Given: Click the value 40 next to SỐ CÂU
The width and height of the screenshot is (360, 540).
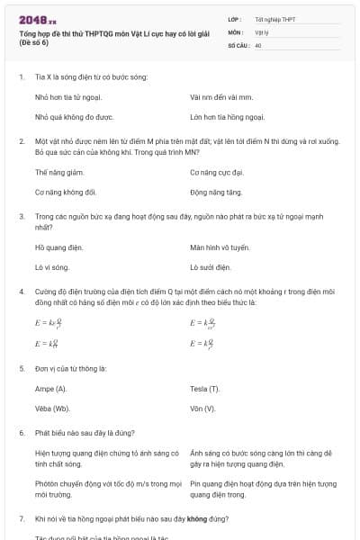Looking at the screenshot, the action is click(258, 45).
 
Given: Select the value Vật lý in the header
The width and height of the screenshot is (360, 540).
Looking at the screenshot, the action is click(261, 31).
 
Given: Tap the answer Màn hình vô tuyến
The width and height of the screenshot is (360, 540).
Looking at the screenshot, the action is click(220, 247).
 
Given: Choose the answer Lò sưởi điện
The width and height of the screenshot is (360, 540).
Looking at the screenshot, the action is click(211, 267).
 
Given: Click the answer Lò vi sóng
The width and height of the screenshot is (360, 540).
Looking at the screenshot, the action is click(52, 267).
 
